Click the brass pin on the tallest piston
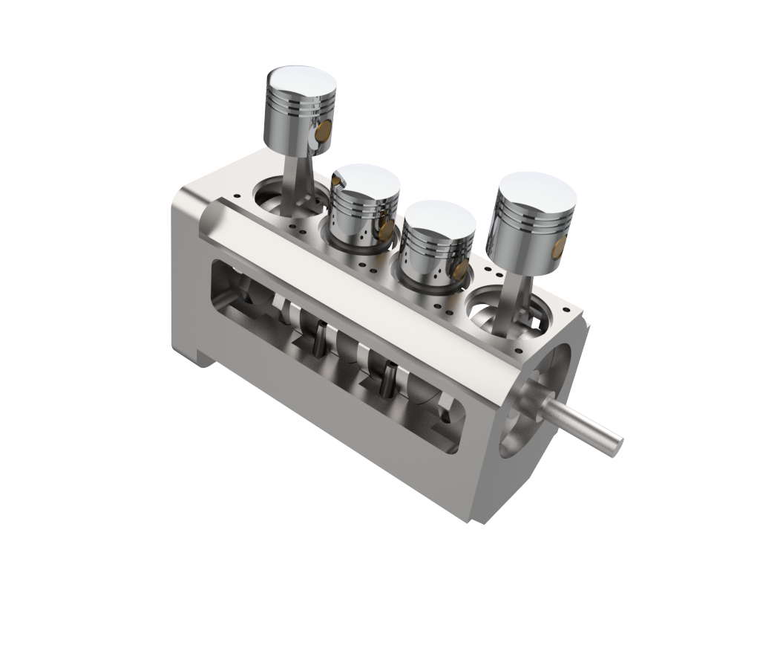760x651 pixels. tap(323, 132)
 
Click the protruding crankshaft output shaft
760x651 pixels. tap(583, 424)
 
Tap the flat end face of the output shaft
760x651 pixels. tap(613, 445)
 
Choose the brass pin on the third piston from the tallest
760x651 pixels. tap(460, 270)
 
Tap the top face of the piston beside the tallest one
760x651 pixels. tap(366, 180)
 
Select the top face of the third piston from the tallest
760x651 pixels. tap(439, 216)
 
